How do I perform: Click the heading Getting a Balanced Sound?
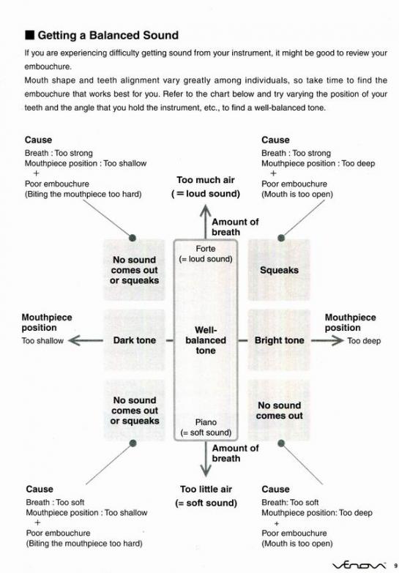pos(108,35)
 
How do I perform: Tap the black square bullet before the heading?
pos(29,35)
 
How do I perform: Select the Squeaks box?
pos(279,270)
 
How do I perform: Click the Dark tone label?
pos(135,340)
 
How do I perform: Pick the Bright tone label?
pos(280,340)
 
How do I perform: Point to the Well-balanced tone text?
pos(206,340)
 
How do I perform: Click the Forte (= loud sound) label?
pos(206,254)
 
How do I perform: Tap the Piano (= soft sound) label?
pos(206,427)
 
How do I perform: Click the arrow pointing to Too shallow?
pos(86,340)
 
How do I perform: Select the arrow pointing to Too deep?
pos(327,340)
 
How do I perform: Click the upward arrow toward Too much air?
pos(206,222)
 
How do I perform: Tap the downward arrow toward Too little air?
pos(206,458)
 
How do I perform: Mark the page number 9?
pos(395,566)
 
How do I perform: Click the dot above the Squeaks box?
pos(281,238)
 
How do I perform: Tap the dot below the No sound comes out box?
pos(281,443)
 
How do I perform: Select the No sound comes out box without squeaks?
pos(279,411)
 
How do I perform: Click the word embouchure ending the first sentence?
pos(48,67)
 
